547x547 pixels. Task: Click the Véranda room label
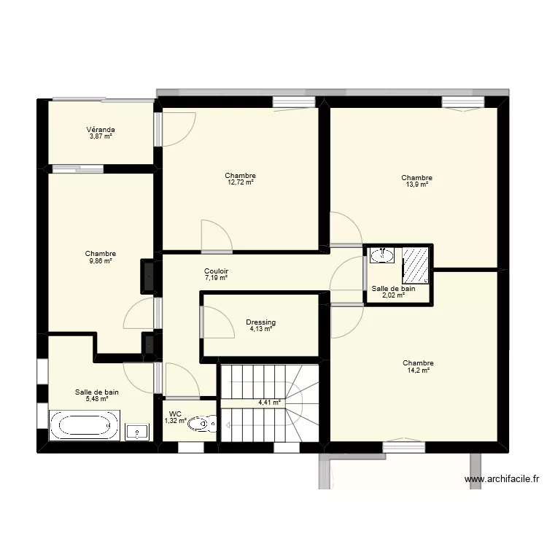click(x=101, y=130)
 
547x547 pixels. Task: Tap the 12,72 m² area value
click(x=240, y=183)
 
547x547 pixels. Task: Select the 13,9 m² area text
click(x=416, y=185)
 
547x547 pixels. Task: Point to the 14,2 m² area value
click(x=417, y=371)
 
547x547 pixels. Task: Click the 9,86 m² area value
click(x=100, y=261)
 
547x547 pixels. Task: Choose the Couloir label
click(x=216, y=271)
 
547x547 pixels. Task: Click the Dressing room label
click(x=260, y=322)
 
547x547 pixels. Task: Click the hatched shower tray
click(x=416, y=264)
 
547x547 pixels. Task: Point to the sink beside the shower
click(x=382, y=255)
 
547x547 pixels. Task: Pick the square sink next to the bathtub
click(x=138, y=432)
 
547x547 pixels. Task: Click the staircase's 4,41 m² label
click(x=269, y=402)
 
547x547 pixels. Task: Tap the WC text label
click(x=175, y=414)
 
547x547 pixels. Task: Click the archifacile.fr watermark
click(x=502, y=479)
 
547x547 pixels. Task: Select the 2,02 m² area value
click(x=393, y=295)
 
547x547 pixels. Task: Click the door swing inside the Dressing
click(x=215, y=322)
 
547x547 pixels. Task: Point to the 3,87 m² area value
click(x=101, y=137)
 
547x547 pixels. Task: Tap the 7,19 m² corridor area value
click(x=216, y=278)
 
